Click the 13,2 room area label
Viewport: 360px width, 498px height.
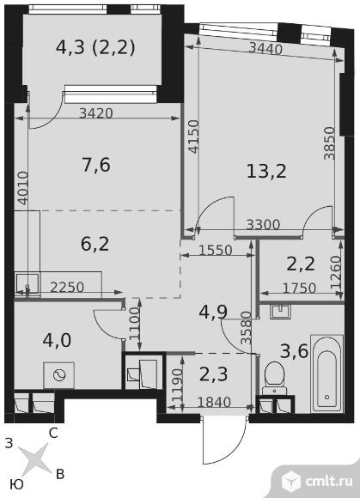[x=266, y=172]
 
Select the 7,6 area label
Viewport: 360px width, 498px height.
[x=96, y=165]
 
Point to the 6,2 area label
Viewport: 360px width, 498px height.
[x=95, y=244]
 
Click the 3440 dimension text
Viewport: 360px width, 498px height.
[x=265, y=49]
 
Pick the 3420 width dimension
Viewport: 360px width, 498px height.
[x=96, y=113]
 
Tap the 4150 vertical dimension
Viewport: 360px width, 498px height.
[x=192, y=137]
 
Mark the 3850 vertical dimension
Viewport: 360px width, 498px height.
[x=329, y=143]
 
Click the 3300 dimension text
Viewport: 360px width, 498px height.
[x=264, y=225]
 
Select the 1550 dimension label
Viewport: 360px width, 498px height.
[x=216, y=251]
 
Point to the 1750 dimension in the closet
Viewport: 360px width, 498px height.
[x=300, y=288]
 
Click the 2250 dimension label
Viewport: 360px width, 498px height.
[x=67, y=288]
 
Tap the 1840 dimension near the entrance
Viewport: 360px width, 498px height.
[x=214, y=403]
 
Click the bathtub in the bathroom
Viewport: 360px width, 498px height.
[x=326, y=374]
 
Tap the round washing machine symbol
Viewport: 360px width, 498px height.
[x=58, y=375]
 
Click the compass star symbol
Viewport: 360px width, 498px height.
[x=34, y=460]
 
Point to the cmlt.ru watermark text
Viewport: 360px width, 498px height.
[x=329, y=481]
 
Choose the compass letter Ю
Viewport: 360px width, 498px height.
[x=16, y=485]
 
